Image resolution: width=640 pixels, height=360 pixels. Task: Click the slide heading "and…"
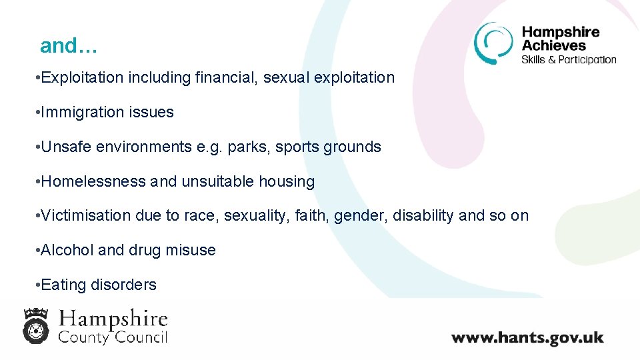[x=69, y=46]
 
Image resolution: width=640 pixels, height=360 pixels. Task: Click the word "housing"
[x=290, y=181]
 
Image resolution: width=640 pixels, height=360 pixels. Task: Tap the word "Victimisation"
[x=86, y=216]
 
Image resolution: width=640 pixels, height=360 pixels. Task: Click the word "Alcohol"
[x=67, y=251]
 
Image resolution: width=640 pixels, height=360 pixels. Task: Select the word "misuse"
[x=192, y=251]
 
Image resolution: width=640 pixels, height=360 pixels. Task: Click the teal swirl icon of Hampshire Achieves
[x=493, y=43]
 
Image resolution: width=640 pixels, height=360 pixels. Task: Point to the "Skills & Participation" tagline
[x=569, y=59]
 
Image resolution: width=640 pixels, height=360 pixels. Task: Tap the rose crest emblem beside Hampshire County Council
[x=35, y=325]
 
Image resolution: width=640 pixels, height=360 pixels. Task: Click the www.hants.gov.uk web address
[x=527, y=337]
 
